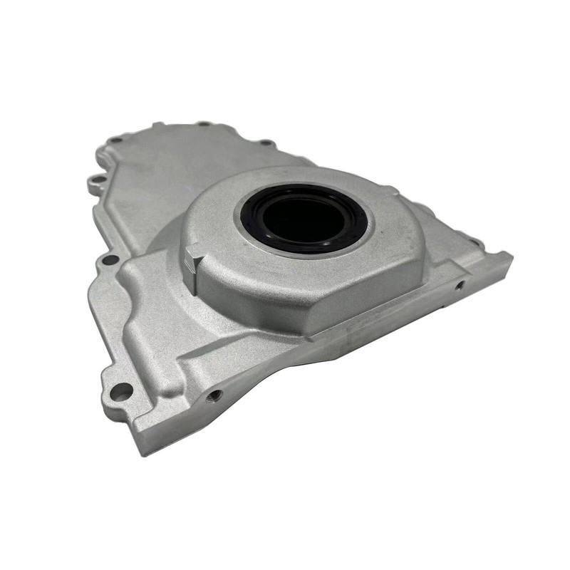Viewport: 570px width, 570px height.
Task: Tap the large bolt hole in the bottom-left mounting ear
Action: click(122, 391)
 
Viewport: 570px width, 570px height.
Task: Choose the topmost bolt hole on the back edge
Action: click(204, 124)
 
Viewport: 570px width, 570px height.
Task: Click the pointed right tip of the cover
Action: click(509, 256)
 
